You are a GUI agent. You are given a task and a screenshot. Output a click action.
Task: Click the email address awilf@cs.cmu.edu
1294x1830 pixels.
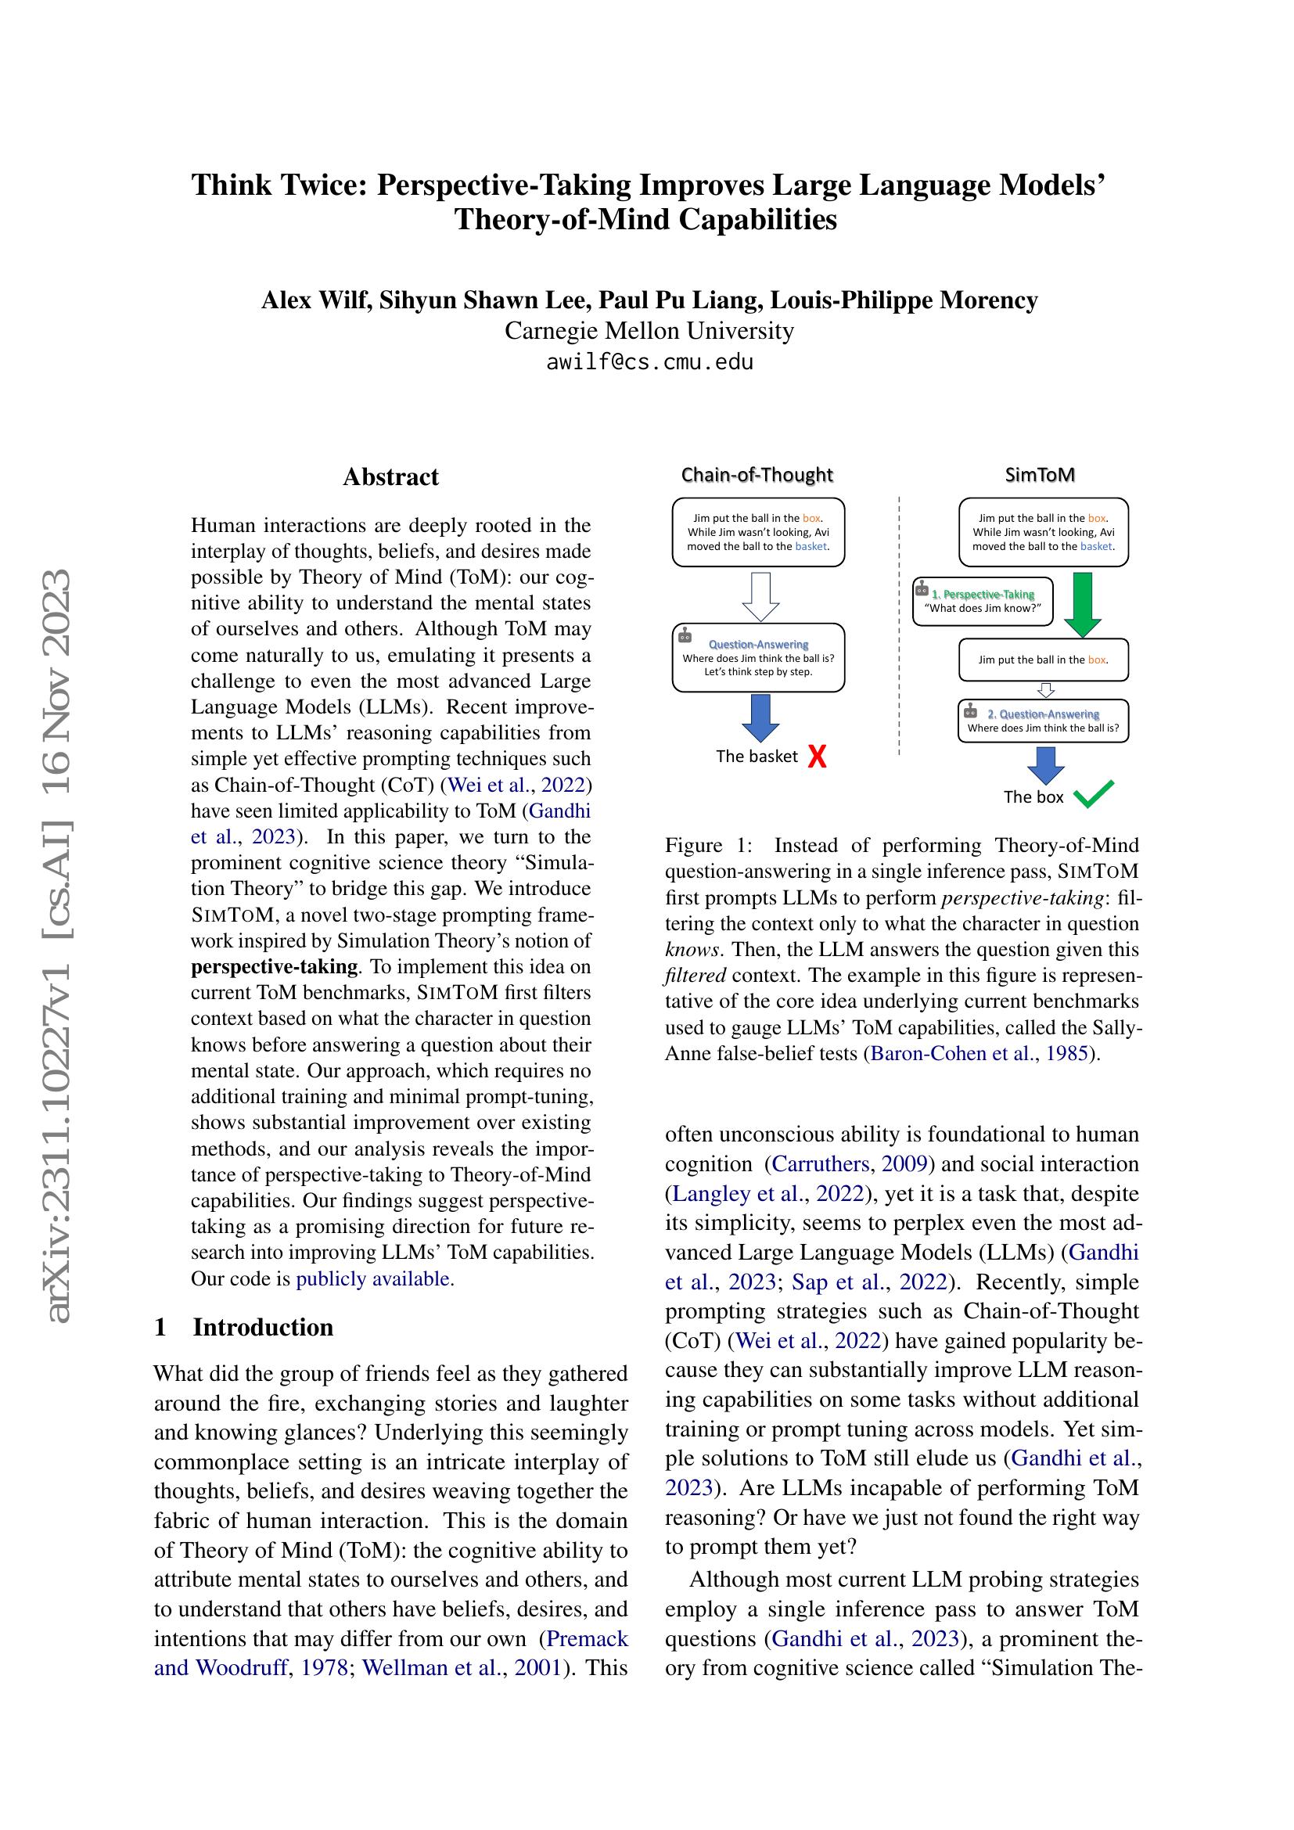click(x=649, y=363)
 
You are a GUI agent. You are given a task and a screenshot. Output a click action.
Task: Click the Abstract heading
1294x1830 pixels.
click(x=390, y=477)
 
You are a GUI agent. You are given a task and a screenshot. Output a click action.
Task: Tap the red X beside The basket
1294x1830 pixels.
click(x=817, y=757)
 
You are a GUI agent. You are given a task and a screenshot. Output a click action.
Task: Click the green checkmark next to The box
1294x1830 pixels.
click(x=1093, y=795)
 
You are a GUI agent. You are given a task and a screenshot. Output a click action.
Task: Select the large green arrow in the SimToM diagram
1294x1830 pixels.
click(x=1083, y=604)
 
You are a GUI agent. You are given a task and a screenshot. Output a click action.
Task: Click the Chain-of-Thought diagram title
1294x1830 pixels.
click(x=757, y=475)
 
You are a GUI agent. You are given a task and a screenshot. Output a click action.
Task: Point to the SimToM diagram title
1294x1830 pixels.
click(x=1040, y=475)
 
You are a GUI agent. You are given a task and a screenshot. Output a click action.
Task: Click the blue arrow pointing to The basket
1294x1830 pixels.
click(x=760, y=718)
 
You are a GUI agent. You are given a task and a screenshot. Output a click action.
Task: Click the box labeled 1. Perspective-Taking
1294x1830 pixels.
click(x=983, y=602)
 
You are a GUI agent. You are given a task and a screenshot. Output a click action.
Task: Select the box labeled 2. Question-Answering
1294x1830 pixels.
click(x=1043, y=721)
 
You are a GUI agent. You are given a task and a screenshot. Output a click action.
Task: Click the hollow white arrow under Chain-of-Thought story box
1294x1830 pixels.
click(x=760, y=595)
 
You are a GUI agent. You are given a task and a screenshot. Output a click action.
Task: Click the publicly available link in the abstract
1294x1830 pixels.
click(x=373, y=1278)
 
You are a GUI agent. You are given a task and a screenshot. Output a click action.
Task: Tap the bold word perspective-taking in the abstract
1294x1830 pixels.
click(x=274, y=967)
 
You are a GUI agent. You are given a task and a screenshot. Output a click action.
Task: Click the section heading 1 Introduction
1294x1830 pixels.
click(x=244, y=1327)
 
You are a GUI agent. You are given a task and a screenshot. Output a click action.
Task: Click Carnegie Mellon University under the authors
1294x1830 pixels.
click(x=649, y=331)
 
